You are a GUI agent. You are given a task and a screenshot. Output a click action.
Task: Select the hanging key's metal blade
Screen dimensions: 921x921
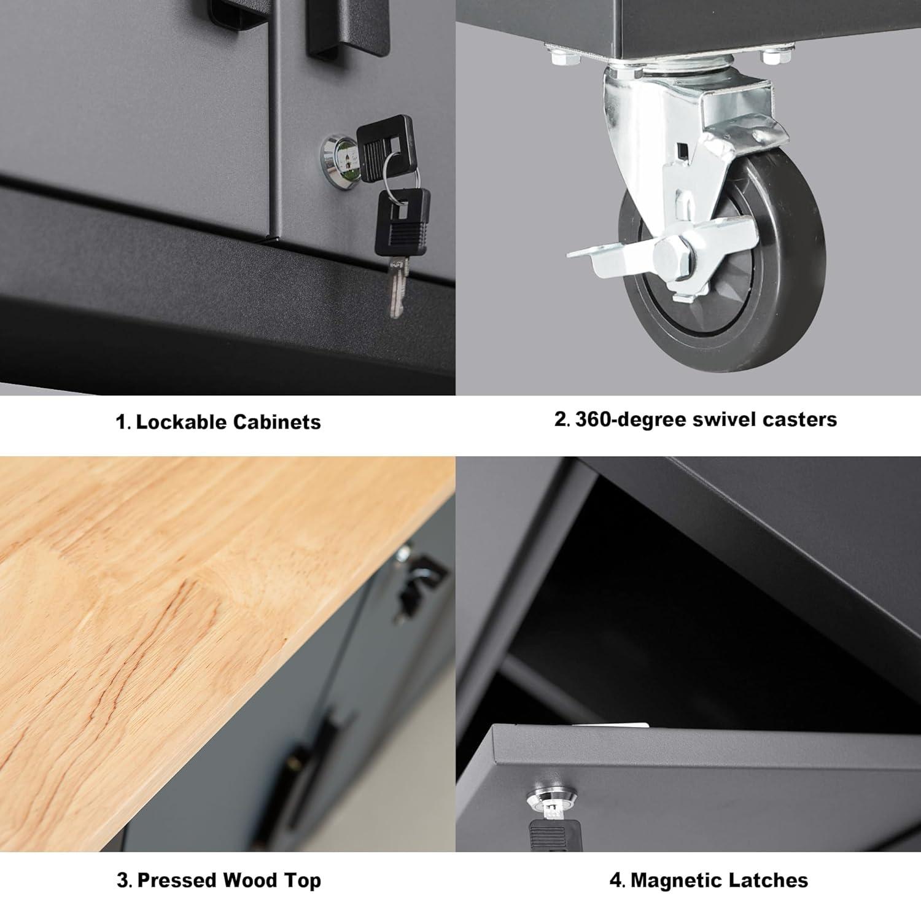click(396, 286)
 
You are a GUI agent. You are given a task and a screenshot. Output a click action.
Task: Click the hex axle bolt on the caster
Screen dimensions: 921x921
click(670, 253)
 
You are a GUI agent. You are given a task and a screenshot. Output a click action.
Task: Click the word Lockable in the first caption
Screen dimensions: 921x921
click(182, 422)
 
